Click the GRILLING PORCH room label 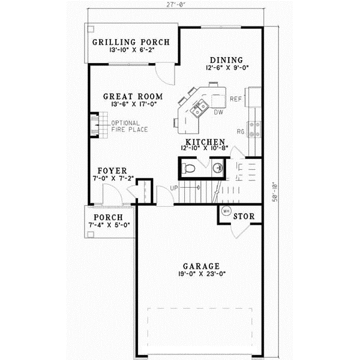[x=131, y=43]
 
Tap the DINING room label [x=226, y=60]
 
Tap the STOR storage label [x=242, y=216]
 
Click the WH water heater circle [x=226, y=211]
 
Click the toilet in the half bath [x=188, y=167]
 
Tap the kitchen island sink [x=199, y=107]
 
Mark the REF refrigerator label [x=236, y=98]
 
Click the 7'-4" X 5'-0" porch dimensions [x=110, y=225]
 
